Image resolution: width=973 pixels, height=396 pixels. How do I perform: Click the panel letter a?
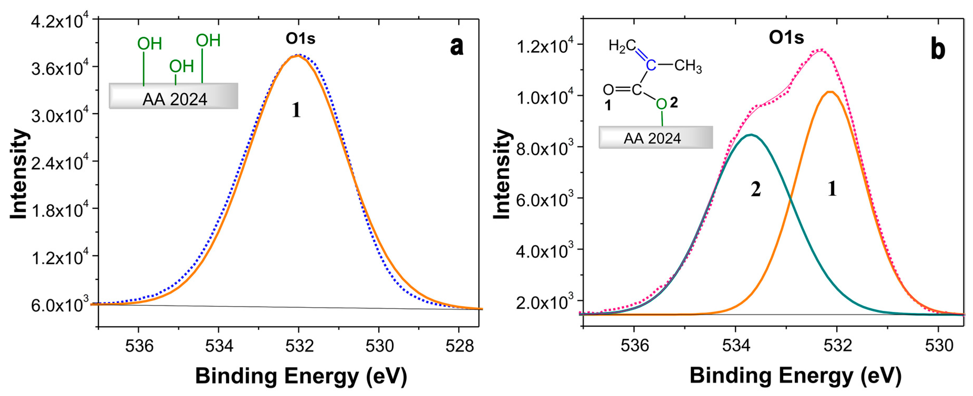(x=456, y=47)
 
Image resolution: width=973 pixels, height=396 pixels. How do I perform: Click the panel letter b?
(x=938, y=49)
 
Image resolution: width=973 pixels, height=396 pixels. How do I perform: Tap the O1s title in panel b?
(x=786, y=37)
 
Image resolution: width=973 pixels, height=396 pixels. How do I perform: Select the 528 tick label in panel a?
(x=459, y=346)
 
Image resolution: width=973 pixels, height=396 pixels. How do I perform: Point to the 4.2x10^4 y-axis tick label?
(x=59, y=22)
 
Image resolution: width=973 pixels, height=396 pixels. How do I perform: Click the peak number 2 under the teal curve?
(x=755, y=189)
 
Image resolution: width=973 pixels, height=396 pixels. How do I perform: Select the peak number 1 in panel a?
(x=296, y=110)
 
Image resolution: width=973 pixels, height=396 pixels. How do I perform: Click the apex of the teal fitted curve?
(x=751, y=135)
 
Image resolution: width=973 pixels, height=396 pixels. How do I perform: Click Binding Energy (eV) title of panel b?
(x=796, y=376)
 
